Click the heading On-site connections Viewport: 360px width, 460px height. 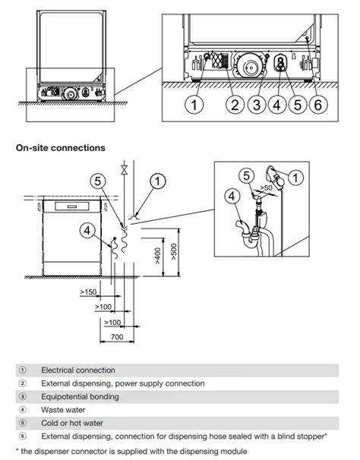point(61,147)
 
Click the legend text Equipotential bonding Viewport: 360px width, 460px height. point(80,397)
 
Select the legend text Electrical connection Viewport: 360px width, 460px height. point(78,370)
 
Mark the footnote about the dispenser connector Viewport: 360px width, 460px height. point(130,451)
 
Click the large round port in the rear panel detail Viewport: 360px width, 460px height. point(248,67)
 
